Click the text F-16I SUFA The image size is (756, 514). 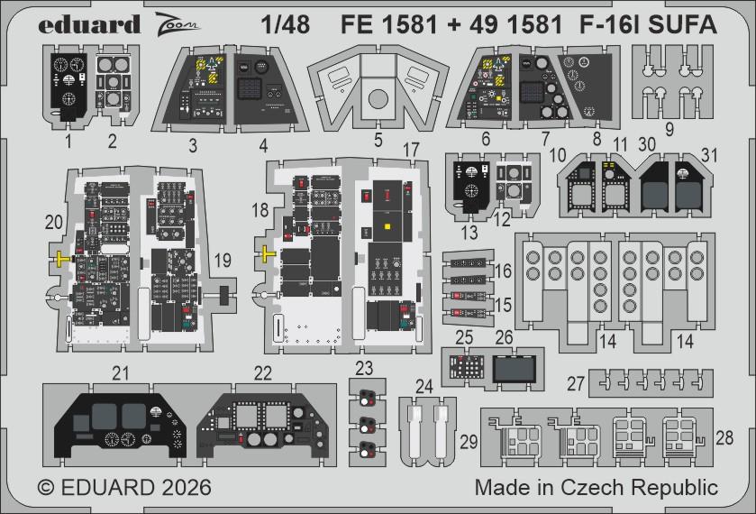tap(660, 24)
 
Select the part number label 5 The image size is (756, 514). tap(378, 140)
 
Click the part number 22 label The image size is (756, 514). tap(262, 372)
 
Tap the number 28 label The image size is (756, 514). tap(724, 436)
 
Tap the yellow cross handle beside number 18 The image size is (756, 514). tap(268, 255)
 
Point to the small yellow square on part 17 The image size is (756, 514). tap(387, 226)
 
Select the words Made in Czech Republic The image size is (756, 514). tap(596, 488)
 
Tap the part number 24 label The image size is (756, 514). tap(424, 386)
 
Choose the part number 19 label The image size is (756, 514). tap(222, 261)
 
